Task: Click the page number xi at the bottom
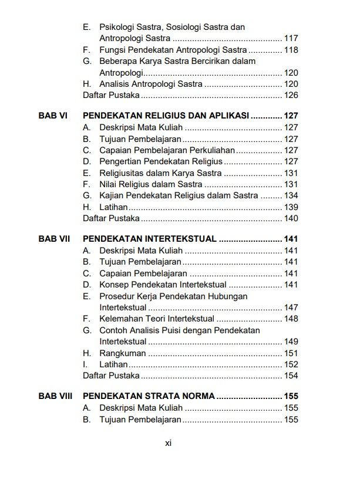pos(167,444)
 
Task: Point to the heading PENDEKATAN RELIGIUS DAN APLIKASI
pos(167,116)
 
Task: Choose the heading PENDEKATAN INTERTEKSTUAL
pos(150,239)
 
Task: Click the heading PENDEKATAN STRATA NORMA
pos(149,396)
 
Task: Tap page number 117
pos(291,39)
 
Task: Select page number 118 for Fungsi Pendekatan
pos(291,50)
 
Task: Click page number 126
pos(291,95)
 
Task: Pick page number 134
pos(291,195)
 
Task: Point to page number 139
pos(291,207)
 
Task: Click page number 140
pos(291,219)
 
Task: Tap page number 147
pos(291,307)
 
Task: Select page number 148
pos(291,319)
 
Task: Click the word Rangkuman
pos(122,353)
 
